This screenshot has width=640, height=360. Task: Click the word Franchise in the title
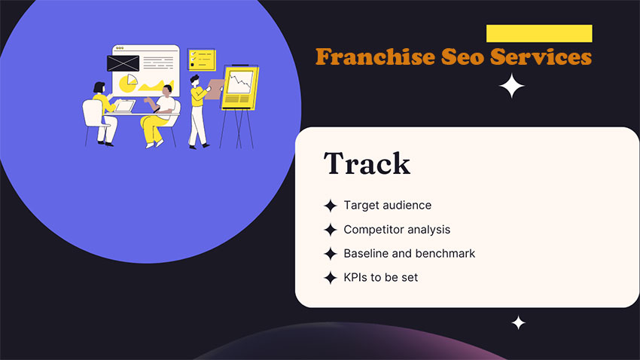[x=375, y=56]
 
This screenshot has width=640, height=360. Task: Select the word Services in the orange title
[x=541, y=56]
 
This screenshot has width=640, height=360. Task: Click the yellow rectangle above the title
[x=539, y=33]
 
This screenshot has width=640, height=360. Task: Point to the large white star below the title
[x=511, y=86]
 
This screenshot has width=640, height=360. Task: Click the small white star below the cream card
[x=518, y=323]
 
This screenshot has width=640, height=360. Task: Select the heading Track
[x=367, y=163]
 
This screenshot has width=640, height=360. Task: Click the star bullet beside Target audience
[x=331, y=206]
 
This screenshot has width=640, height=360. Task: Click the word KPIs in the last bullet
[x=356, y=278]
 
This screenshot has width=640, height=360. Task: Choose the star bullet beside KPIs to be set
[x=331, y=278]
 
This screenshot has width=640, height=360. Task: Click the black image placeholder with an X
[x=123, y=63]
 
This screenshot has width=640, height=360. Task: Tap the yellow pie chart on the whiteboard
[x=129, y=83]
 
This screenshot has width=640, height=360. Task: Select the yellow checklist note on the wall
[x=202, y=59]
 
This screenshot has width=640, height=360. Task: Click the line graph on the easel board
[x=239, y=82]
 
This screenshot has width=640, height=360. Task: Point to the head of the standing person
[x=195, y=80]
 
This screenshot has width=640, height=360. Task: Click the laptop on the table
[x=124, y=106]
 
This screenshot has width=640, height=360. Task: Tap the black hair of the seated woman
[x=99, y=87]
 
